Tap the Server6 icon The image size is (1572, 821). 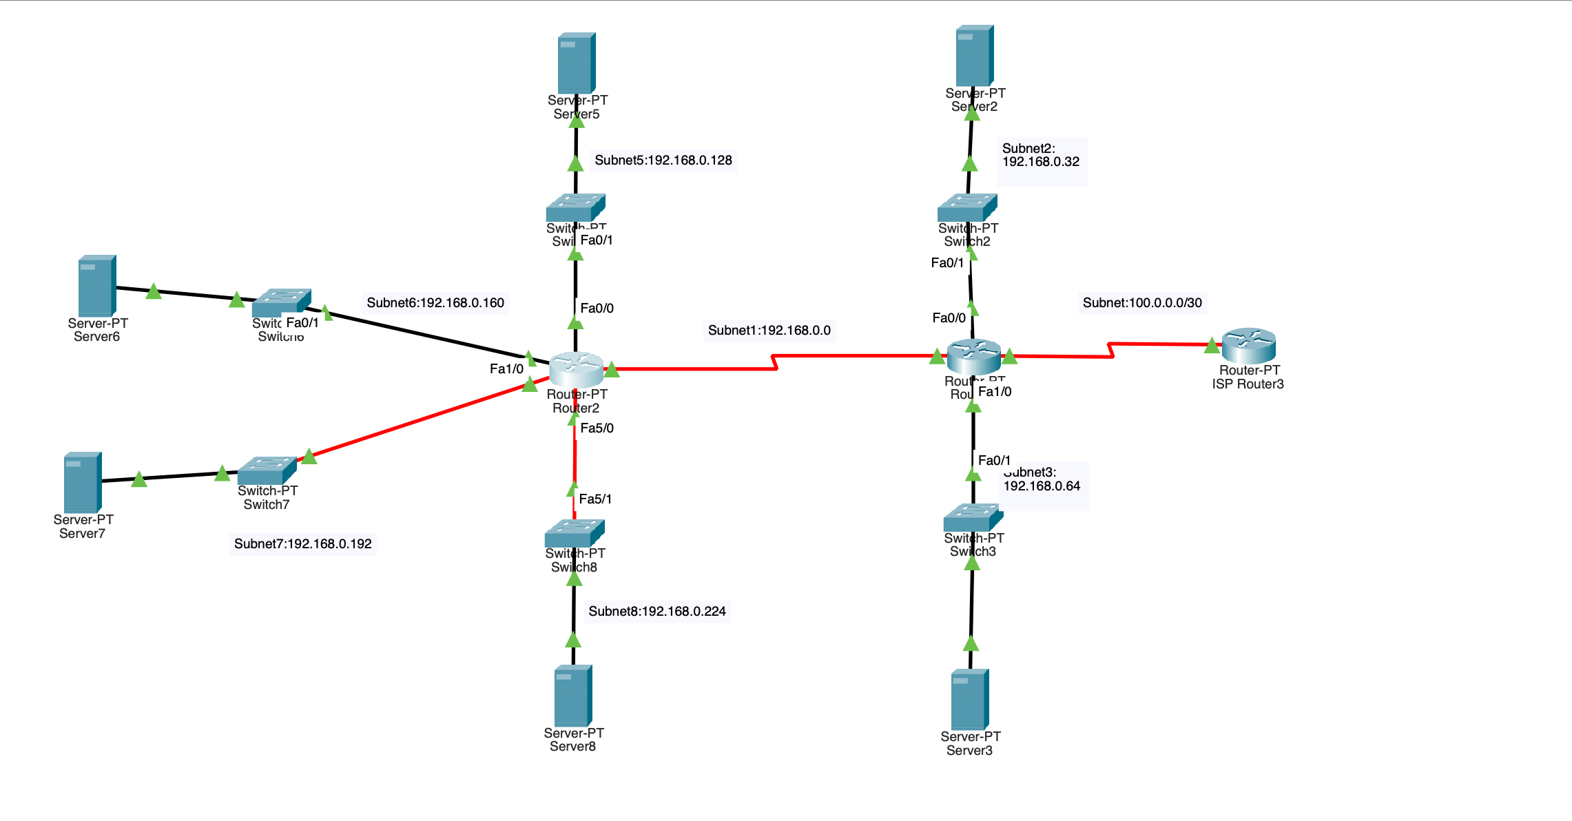click(96, 285)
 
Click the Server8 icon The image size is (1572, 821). click(572, 695)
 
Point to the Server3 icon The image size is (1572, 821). click(969, 699)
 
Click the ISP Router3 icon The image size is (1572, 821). click(1248, 346)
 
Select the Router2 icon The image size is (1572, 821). click(576, 369)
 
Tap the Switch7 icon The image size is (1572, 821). click(267, 470)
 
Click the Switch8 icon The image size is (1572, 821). click(574, 533)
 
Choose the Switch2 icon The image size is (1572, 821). click(966, 207)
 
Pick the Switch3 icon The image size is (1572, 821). click(972, 517)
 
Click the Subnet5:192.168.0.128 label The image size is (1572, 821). click(663, 160)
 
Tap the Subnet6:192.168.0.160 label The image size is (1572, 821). click(435, 303)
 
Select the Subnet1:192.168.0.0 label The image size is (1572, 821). click(769, 331)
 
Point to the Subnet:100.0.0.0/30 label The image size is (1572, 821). click(1141, 303)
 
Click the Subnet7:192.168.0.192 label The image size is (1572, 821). click(302, 544)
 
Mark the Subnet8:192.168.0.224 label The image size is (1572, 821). click(656, 612)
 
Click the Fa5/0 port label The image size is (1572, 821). click(597, 428)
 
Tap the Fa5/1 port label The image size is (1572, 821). click(595, 499)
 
